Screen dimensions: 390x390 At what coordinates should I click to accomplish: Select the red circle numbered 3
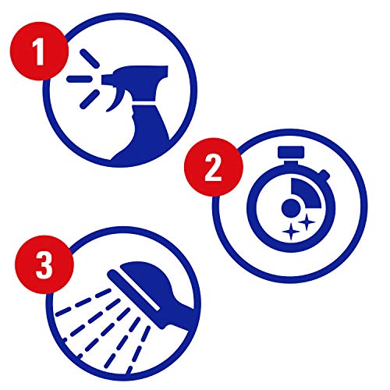tap(45, 263)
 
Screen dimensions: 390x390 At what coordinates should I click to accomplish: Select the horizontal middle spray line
tap(78, 78)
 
